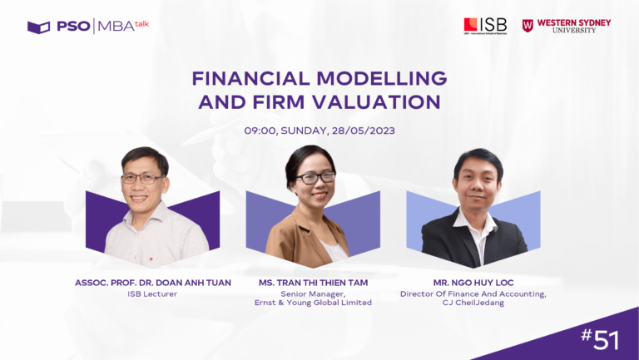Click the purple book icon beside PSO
pyautogui.click(x=39, y=27)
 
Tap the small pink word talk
pyautogui.click(x=141, y=24)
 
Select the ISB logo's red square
pyautogui.click(x=470, y=24)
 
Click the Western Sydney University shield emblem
pyautogui.click(x=528, y=26)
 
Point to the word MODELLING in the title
pyautogui.click(x=382, y=78)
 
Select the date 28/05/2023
pyautogui.click(x=363, y=131)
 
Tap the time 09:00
pyautogui.click(x=260, y=131)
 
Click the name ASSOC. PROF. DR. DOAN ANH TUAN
pyautogui.click(x=153, y=283)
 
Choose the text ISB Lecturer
pyautogui.click(x=152, y=294)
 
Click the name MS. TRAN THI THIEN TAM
pyautogui.click(x=313, y=283)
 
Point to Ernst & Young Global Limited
pyautogui.click(x=313, y=303)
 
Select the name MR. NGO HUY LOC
pyautogui.click(x=473, y=283)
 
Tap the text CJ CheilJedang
pyautogui.click(x=473, y=303)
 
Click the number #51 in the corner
pyautogui.click(x=600, y=340)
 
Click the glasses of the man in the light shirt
pyautogui.click(x=142, y=179)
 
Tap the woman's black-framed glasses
pyautogui.click(x=315, y=178)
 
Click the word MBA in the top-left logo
pyautogui.click(x=116, y=27)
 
